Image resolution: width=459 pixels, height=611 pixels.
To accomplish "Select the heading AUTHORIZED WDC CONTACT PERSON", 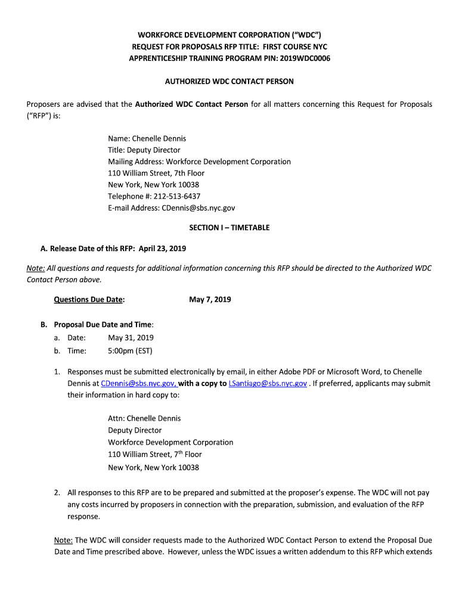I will [x=229, y=81].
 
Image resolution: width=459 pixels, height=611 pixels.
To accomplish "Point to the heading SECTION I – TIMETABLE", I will [x=229, y=227].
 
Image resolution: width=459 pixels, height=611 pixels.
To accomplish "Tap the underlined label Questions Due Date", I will [x=89, y=300].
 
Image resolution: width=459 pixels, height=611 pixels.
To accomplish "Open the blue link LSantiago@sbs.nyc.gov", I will [x=268, y=384].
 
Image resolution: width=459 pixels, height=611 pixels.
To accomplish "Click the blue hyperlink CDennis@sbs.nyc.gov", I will [x=138, y=384].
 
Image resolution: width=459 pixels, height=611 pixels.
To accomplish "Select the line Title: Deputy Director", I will [x=144, y=150].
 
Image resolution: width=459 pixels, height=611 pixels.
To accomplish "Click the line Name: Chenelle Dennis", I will [x=147, y=138].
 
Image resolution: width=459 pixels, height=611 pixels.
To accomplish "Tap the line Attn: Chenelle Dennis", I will [x=144, y=418].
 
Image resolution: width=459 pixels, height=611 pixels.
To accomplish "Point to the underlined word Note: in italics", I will [x=35, y=269].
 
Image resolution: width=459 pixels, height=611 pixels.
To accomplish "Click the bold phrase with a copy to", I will [x=203, y=384].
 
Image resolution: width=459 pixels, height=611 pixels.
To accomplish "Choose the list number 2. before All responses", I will [x=57, y=493].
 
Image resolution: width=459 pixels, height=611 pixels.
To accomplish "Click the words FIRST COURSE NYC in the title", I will [x=290, y=47].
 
